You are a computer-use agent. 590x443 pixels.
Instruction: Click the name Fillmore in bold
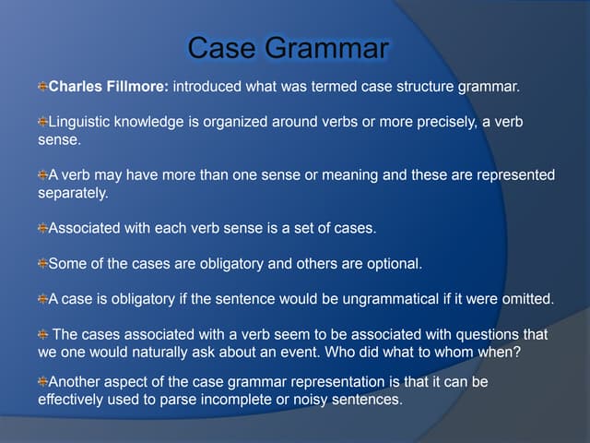click(x=138, y=88)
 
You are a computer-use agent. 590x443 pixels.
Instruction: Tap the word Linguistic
click(x=81, y=123)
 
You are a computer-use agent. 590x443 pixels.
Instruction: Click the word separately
click(x=73, y=194)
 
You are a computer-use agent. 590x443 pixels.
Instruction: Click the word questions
click(x=486, y=334)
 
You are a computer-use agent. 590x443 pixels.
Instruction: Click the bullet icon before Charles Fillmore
click(x=42, y=88)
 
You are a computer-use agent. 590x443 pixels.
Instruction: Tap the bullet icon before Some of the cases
click(x=42, y=264)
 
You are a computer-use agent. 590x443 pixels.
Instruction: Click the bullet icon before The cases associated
click(x=42, y=334)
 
